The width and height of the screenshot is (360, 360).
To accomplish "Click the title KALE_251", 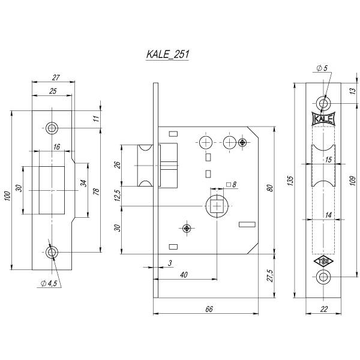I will [168, 54].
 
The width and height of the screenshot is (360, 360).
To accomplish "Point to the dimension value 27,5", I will [270, 275].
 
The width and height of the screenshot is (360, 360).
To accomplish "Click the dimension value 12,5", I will [118, 196].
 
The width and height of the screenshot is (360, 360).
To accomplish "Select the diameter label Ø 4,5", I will [49, 283].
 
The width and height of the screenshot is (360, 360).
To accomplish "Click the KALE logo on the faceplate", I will [324, 119].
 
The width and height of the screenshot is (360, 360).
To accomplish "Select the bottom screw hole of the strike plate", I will [52, 251].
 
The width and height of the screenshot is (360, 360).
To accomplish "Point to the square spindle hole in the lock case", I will [215, 207].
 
